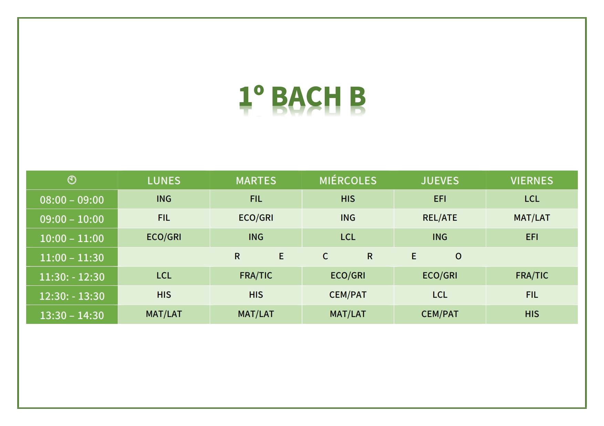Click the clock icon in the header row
72,180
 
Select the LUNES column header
164,181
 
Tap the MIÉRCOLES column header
348,180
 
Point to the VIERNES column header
532,181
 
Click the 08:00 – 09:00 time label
72,200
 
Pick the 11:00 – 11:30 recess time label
72,258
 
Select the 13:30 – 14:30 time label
72,315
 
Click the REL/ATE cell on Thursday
440,218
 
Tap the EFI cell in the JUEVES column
440,199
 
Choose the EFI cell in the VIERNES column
532,237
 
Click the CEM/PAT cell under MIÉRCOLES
348,295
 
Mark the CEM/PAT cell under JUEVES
440,314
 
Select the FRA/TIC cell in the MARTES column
256,275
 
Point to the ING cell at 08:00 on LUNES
164,199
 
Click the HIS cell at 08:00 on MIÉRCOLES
348,199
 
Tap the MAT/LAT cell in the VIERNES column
532,218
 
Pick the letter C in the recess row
325,256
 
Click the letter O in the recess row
458,256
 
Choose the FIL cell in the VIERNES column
532,295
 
